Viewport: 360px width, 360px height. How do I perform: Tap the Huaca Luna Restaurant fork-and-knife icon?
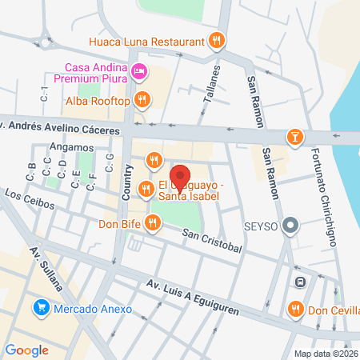click(215, 41)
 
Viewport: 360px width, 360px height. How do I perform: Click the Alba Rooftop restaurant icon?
click(142, 99)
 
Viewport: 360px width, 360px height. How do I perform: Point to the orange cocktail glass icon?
click(297, 137)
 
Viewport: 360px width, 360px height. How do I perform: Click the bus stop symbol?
click(299, 282)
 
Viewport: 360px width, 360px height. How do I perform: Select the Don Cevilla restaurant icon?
click(296, 308)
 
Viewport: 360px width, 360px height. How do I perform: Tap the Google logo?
click(26, 350)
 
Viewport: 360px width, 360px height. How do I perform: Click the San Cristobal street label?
click(211, 241)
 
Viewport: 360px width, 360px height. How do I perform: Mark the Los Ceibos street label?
click(29, 199)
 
